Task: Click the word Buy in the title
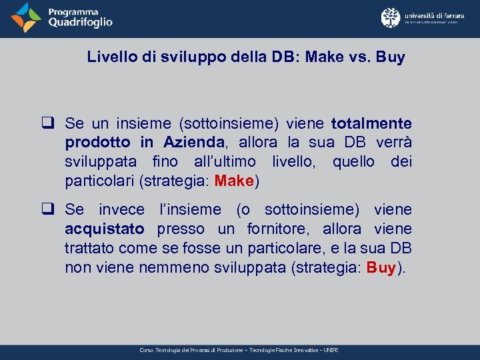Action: click(x=390, y=57)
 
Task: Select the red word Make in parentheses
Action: click(x=234, y=181)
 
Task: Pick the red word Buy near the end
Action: click(x=381, y=268)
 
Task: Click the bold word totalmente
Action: click(x=371, y=123)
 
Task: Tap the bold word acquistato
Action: click(x=104, y=229)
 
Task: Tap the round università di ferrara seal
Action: click(x=391, y=18)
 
